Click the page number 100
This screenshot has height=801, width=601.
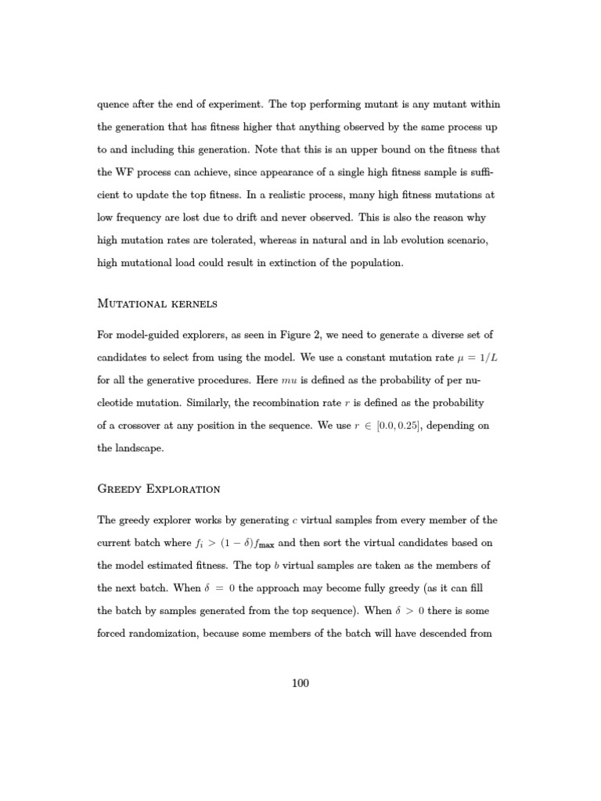coord(300,683)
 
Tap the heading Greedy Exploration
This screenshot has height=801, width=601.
coord(159,489)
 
